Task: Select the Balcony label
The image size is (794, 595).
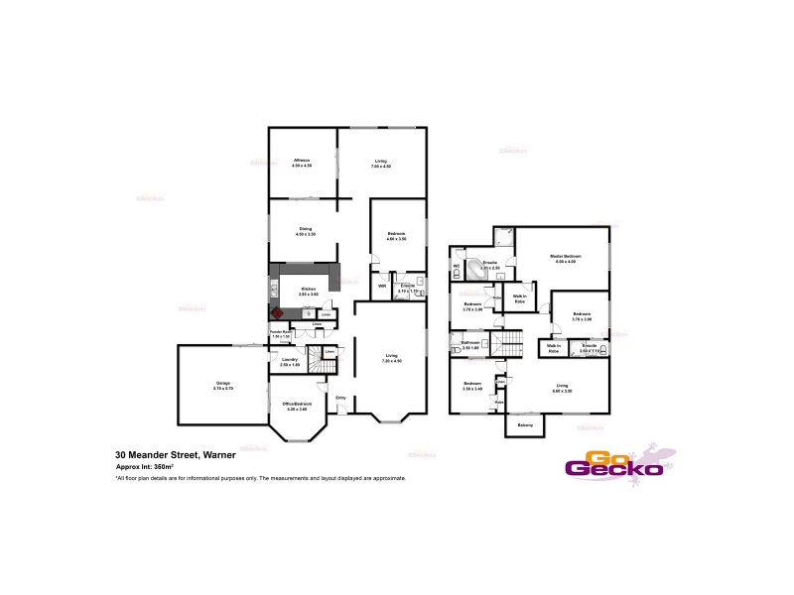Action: [x=525, y=425]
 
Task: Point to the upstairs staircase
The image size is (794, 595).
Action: [x=508, y=344]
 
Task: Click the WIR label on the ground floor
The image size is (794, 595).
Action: [x=382, y=287]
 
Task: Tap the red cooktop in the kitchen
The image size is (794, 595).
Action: [x=278, y=312]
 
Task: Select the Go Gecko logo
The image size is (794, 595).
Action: [x=613, y=463]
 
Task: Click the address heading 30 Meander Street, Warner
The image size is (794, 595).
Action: [x=176, y=455]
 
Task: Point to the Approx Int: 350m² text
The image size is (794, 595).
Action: [x=145, y=466]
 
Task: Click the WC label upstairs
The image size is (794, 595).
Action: [x=457, y=266]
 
